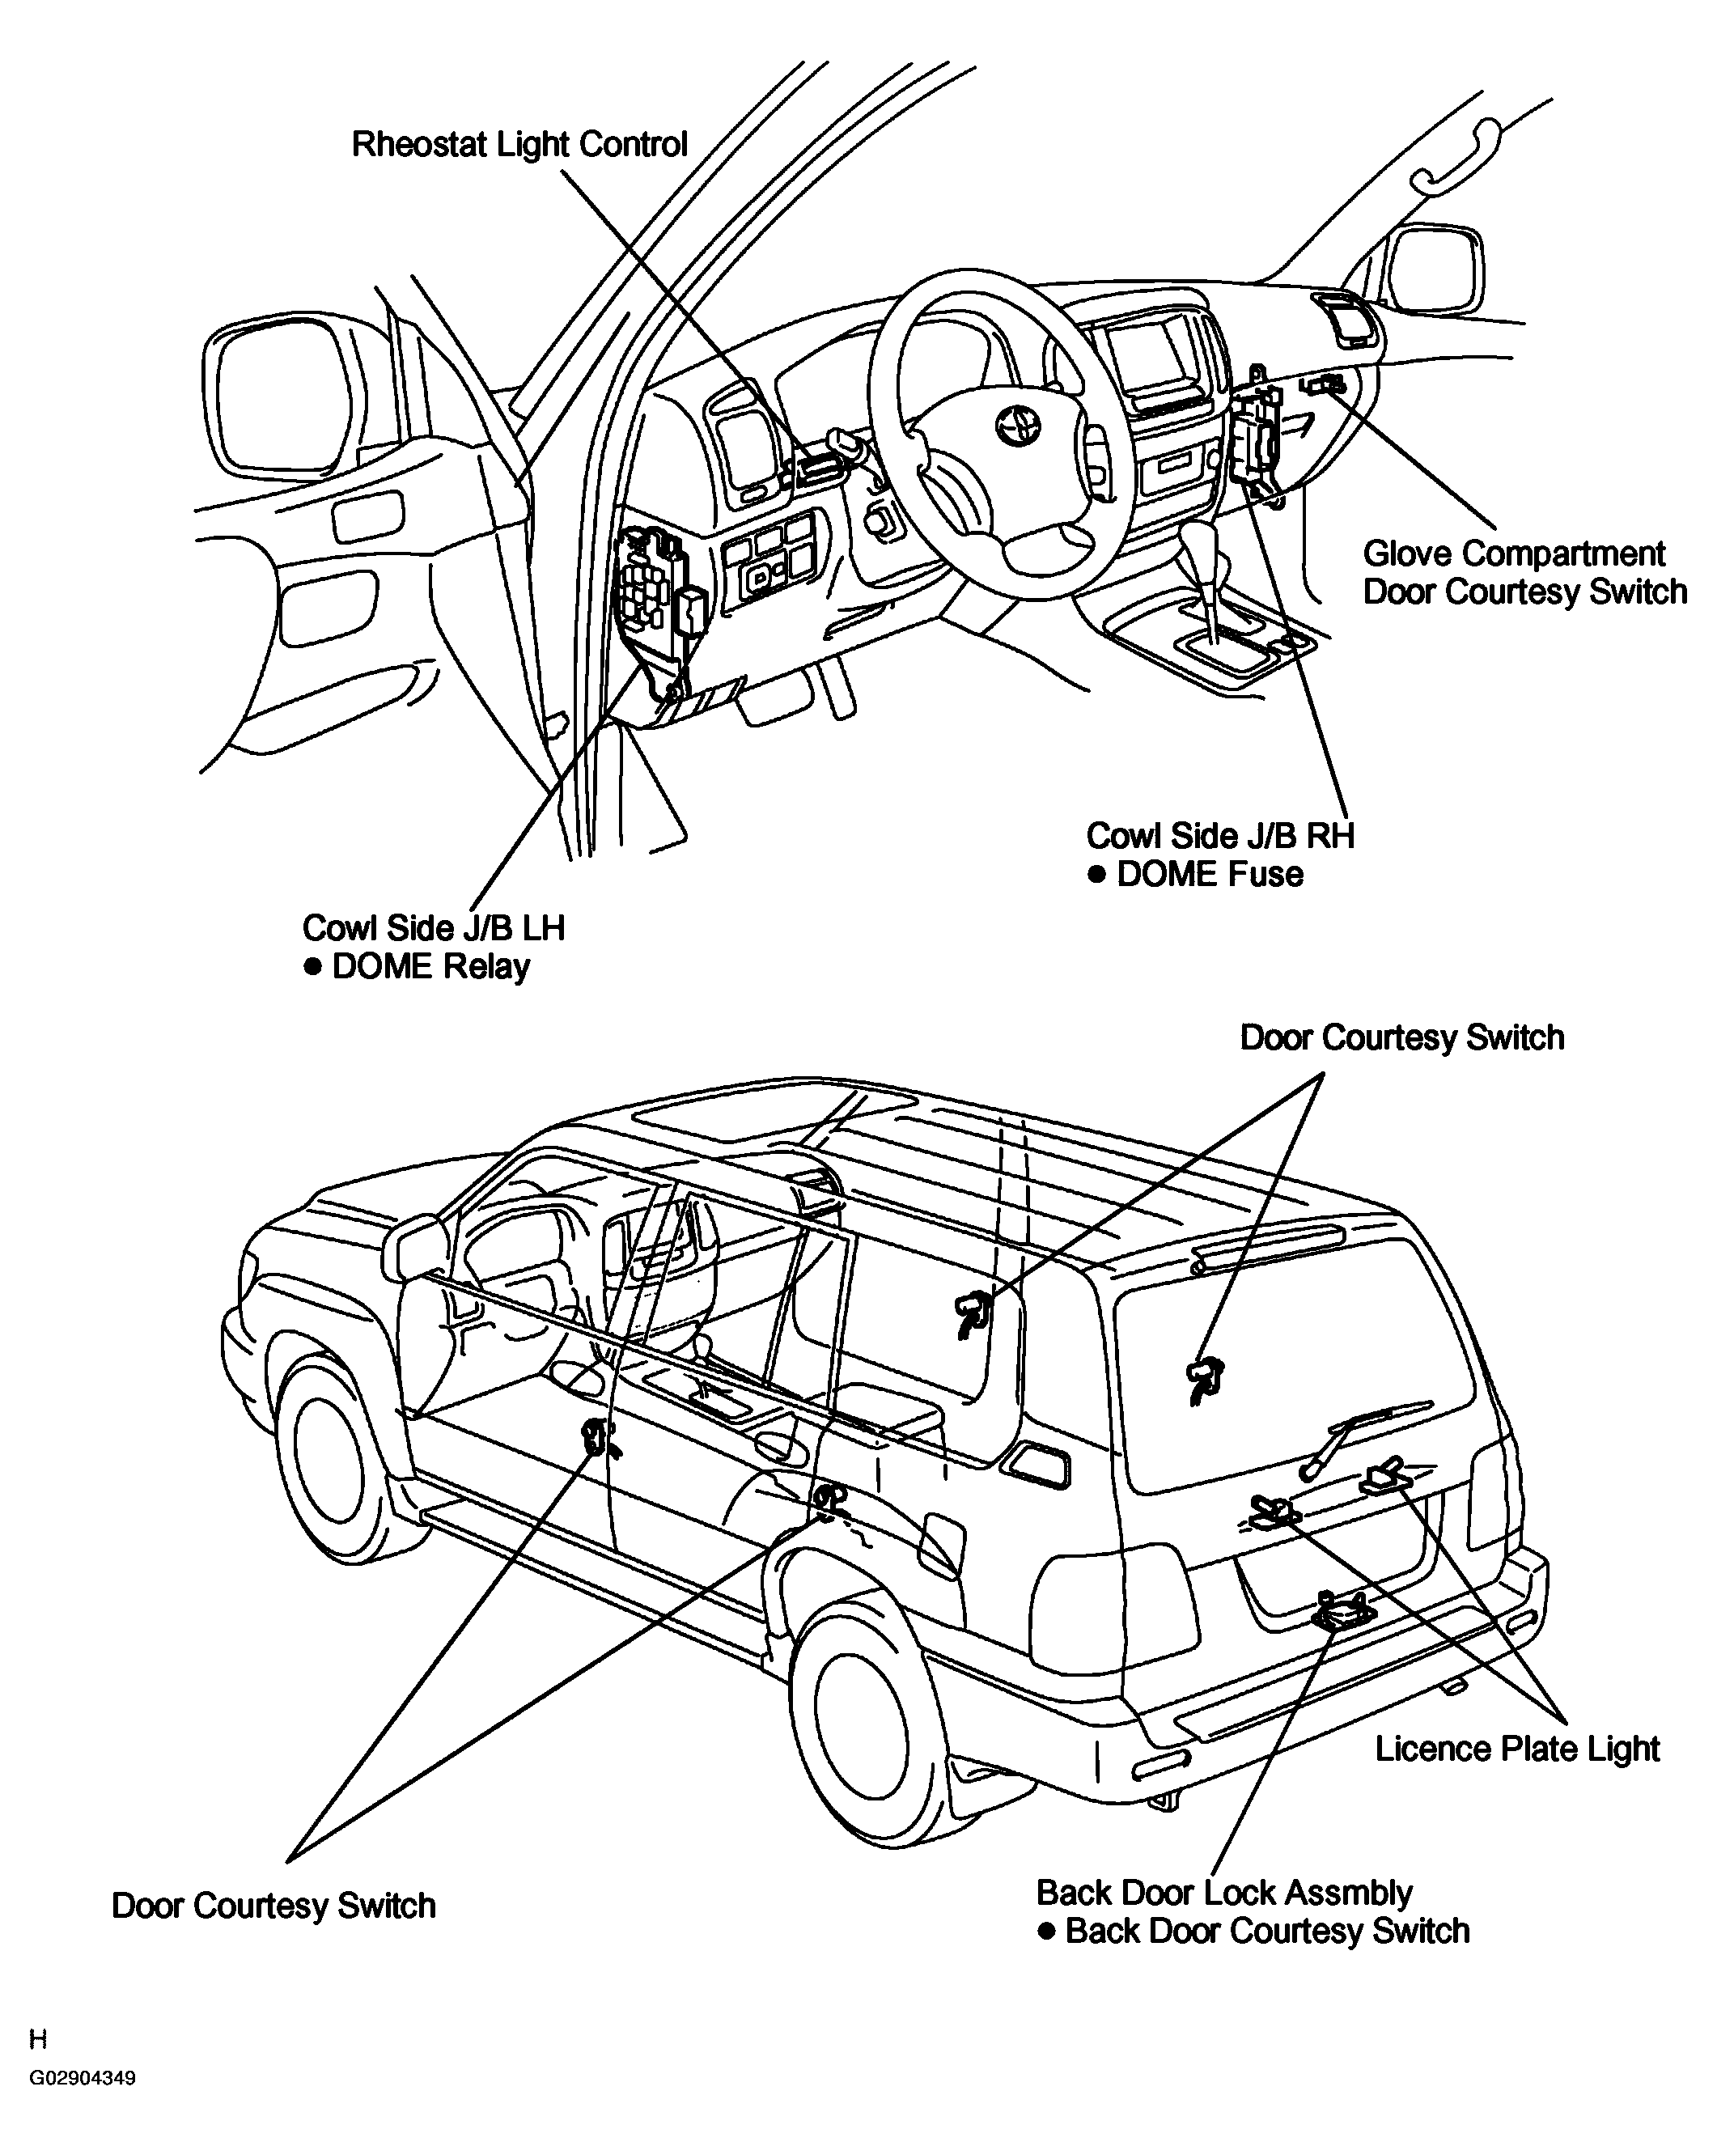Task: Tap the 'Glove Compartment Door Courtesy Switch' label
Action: (x=1524, y=572)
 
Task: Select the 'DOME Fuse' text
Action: (x=1210, y=874)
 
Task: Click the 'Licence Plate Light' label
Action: (x=1517, y=1749)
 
